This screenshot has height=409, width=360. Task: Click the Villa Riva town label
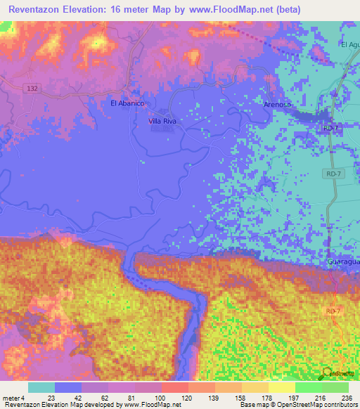pyautogui.click(x=162, y=122)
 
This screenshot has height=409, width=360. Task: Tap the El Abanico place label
pyautogui.click(x=127, y=103)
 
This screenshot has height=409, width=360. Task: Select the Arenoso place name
pyautogui.click(x=277, y=105)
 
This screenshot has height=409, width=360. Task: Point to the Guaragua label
pyautogui.click(x=343, y=261)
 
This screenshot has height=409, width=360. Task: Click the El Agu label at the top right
pyautogui.click(x=350, y=45)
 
